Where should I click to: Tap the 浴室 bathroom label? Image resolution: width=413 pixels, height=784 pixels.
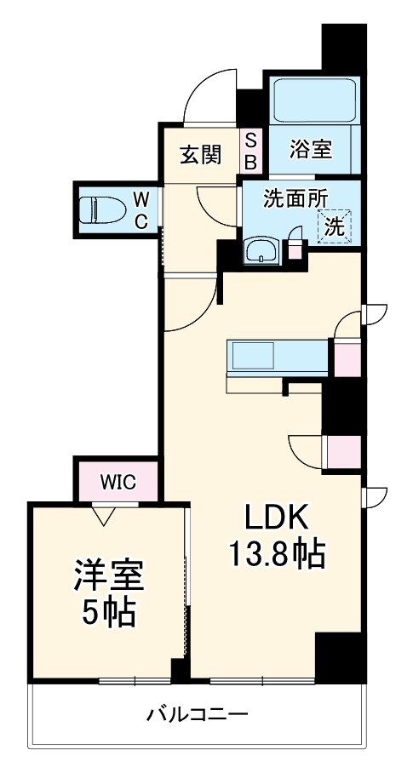(311, 151)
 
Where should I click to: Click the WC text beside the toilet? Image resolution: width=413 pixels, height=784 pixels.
(143, 209)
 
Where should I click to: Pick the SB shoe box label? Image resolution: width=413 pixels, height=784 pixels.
(251, 151)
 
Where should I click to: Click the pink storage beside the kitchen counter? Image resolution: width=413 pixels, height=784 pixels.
(346, 358)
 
